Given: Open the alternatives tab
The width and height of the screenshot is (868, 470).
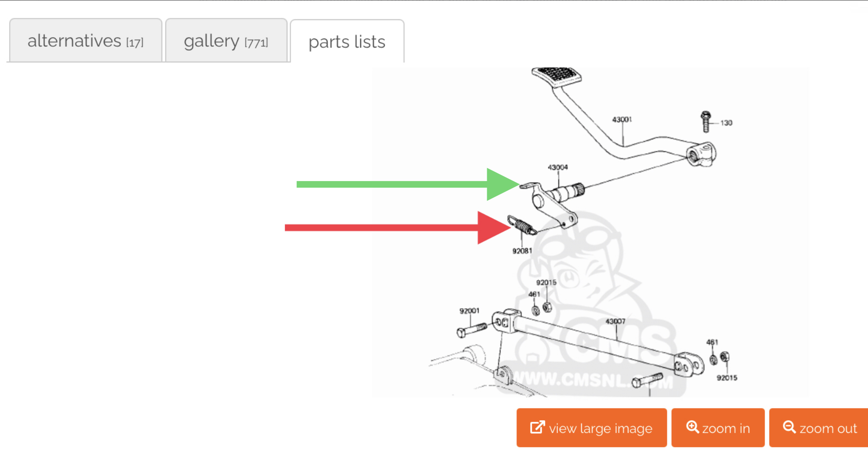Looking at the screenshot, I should click(85, 41).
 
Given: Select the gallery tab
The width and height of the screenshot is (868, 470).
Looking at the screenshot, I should click(226, 41).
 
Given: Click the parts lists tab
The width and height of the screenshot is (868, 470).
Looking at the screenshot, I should click(347, 42).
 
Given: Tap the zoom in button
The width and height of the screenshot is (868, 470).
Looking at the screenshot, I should click(718, 428).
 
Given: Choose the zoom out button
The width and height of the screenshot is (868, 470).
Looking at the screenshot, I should click(819, 428).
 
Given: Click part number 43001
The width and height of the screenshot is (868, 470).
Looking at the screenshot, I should click(622, 119).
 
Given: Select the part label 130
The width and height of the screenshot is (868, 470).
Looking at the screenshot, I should click(726, 123).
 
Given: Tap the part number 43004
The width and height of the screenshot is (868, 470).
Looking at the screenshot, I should click(558, 167).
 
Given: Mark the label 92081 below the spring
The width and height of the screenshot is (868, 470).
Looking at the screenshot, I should click(522, 251).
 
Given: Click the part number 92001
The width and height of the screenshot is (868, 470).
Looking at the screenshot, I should click(469, 311).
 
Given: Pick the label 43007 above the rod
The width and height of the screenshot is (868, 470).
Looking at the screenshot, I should click(615, 321).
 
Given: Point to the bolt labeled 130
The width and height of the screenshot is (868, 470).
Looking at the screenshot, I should click(706, 121).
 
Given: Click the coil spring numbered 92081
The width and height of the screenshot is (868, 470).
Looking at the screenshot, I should click(522, 225).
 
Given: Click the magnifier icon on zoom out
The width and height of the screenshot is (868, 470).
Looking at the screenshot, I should click(789, 427).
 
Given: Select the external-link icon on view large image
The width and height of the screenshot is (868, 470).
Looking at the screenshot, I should click(537, 427).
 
